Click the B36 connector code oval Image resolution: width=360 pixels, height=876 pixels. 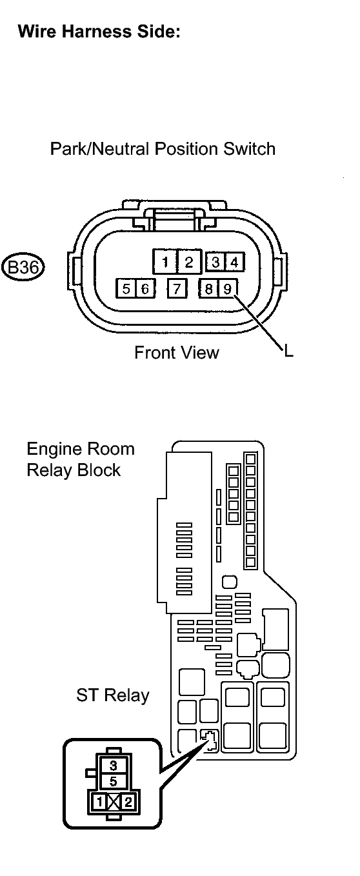[23, 268]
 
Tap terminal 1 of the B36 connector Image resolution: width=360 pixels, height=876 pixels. [165, 262]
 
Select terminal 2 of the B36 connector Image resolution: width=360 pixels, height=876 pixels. [189, 262]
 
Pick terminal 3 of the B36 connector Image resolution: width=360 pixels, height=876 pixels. [215, 262]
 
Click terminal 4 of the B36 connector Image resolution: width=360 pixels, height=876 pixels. [234, 262]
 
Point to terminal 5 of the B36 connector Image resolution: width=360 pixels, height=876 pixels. [126, 288]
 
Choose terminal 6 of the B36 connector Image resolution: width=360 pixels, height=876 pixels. [145, 288]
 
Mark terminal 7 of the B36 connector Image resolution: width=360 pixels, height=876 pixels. [177, 288]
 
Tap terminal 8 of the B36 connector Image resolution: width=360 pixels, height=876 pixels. [208, 288]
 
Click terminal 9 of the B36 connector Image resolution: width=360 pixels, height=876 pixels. [227, 288]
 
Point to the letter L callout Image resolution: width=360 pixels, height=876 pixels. [289, 351]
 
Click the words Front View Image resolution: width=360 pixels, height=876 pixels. [177, 352]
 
